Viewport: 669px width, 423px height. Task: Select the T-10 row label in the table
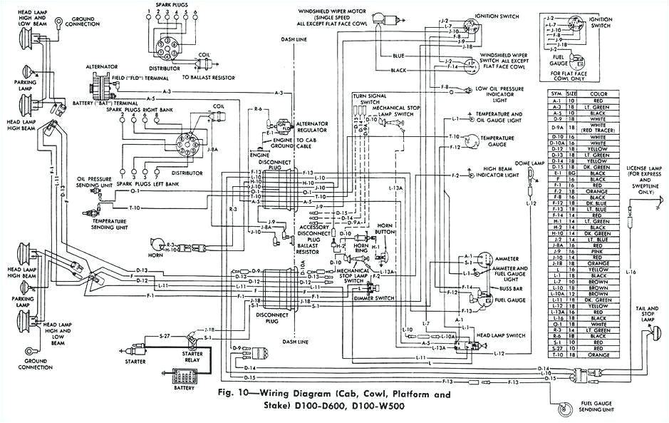[557, 355]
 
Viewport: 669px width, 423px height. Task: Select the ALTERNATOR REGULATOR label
[311, 126]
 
